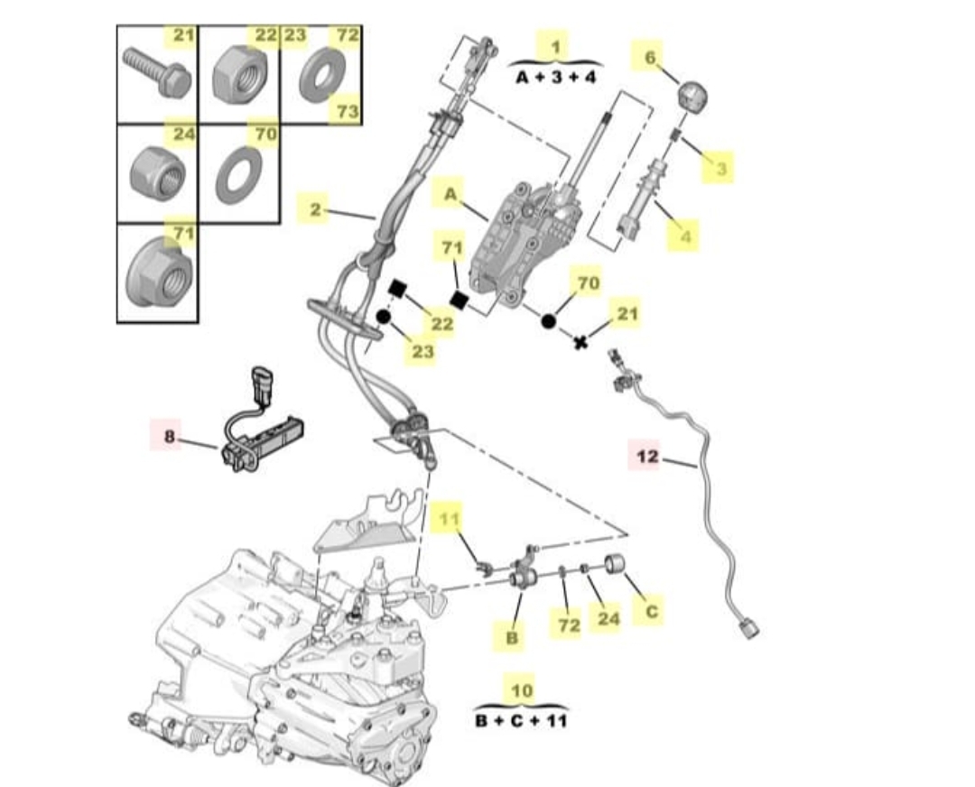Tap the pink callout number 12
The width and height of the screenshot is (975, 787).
coord(647,456)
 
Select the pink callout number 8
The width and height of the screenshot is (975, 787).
coord(170,437)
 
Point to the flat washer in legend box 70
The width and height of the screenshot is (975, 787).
coord(238,174)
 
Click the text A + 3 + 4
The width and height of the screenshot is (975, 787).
coord(556,77)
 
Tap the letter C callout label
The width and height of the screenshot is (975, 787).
coord(651,611)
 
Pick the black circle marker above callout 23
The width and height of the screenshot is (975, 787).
coord(383,317)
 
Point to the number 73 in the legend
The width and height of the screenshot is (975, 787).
coord(348,110)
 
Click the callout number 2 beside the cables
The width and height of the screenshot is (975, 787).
coord(314,210)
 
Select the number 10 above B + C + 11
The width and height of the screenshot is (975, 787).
coord(521,691)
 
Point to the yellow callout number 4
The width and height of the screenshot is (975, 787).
coord(685,236)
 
